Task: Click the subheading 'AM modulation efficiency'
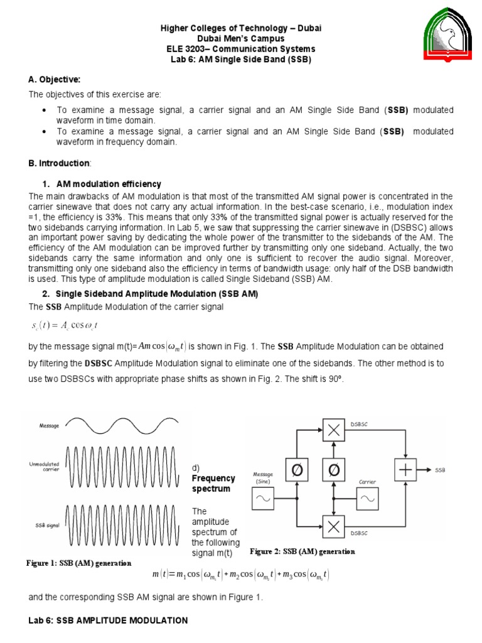pyautogui.click(x=109, y=184)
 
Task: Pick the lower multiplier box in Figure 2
pyautogui.click(x=334, y=527)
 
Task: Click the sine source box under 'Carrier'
pyautogui.click(x=368, y=500)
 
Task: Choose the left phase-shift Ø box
pyautogui.click(x=297, y=470)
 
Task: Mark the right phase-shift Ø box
pyautogui.click(x=334, y=470)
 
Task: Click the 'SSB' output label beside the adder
pyautogui.click(x=439, y=470)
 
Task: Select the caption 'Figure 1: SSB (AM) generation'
pyautogui.click(x=78, y=563)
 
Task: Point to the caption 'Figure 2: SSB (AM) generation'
pyautogui.click(x=303, y=552)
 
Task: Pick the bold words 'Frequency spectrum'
pyautogui.click(x=213, y=484)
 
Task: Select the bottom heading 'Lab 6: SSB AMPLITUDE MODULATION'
pyautogui.click(x=108, y=620)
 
